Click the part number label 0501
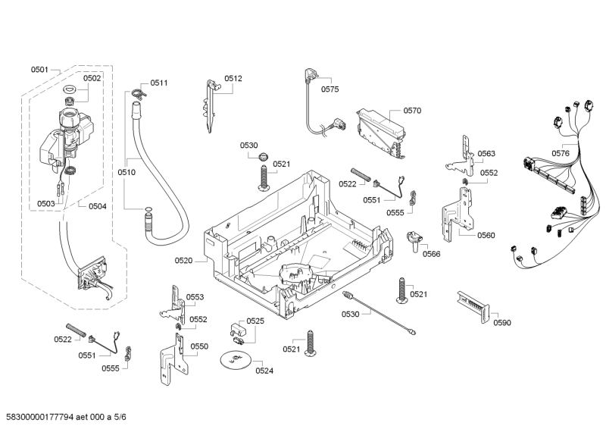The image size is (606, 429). [39, 70]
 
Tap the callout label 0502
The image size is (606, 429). [92, 78]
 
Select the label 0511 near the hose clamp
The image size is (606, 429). [159, 83]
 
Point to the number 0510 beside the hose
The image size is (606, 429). [127, 172]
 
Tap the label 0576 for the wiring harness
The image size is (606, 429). [561, 153]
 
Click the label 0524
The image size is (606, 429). [264, 371]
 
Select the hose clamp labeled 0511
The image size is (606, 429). [136, 93]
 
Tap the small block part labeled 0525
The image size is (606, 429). [237, 329]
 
